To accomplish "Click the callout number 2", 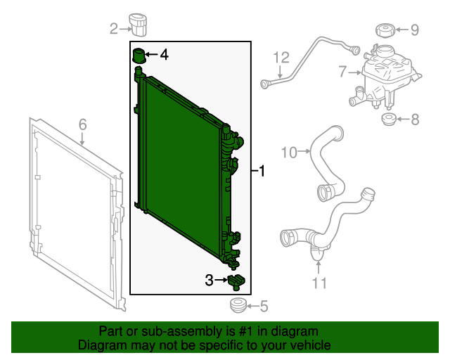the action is click(x=114, y=29).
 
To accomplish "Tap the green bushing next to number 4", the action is click(x=139, y=56).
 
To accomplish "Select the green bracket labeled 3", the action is click(x=236, y=283).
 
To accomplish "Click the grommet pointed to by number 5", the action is click(x=238, y=305).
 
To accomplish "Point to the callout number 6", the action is click(x=83, y=124).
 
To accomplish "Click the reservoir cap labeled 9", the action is click(x=385, y=31).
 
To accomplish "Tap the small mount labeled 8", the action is click(x=389, y=120).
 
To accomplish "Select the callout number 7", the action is click(x=342, y=72).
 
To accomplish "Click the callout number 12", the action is click(x=281, y=58).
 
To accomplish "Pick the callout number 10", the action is click(x=289, y=153).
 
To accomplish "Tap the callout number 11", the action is click(x=319, y=283).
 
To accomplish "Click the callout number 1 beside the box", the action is click(x=262, y=171).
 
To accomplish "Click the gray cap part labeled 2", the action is click(x=138, y=25).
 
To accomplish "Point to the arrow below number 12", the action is click(x=280, y=71).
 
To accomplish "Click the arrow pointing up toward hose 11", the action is click(x=319, y=267).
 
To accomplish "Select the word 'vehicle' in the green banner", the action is click(x=311, y=345).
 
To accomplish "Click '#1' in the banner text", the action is click(x=245, y=331).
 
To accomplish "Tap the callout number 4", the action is click(x=164, y=55).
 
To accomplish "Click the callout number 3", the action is click(x=210, y=280).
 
